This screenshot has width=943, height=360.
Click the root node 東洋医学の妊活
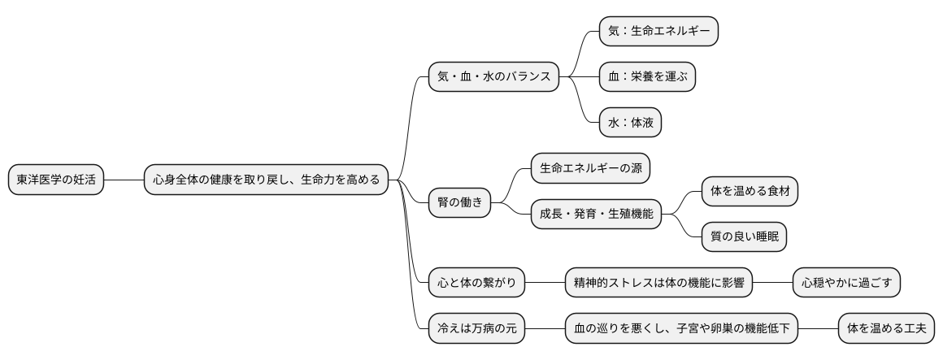pyautogui.click(x=56, y=180)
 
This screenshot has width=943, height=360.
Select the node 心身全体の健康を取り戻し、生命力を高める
pyautogui.click(x=266, y=180)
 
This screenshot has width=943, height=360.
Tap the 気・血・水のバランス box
pyautogui.click(x=493, y=77)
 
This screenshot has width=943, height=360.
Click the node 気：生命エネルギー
pyautogui.click(x=658, y=31)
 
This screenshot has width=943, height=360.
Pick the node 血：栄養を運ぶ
pyautogui.click(x=647, y=77)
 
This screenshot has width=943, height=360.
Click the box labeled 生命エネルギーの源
pyautogui.click(x=590, y=168)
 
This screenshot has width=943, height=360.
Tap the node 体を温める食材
pyautogui.click(x=750, y=192)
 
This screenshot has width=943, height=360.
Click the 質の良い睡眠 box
pyautogui.click(x=744, y=237)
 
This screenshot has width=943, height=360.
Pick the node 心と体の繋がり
pyautogui.click(x=476, y=284)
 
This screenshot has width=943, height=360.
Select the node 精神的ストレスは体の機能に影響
pyautogui.click(x=658, y=284)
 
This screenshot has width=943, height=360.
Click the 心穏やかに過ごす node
pyautogui.click(x=846, y=284)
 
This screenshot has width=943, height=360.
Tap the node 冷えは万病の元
pyautogui.click(x=476, y=329)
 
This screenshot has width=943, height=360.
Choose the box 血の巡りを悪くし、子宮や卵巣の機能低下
pyautogui.click(x=681, y=329)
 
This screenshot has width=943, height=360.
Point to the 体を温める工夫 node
pyautogui.click(x=886, y=329)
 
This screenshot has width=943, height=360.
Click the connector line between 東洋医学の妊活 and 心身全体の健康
pyautogui.click(x=124, y=180)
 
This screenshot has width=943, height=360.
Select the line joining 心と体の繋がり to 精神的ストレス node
pyautogui.click(x=545, y=284)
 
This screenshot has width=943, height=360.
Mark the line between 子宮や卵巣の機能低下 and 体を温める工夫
pyautogui.click(x=817, y=329)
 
